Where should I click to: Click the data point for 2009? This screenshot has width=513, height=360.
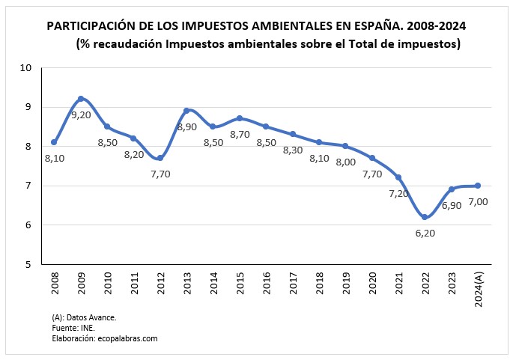[81, 99]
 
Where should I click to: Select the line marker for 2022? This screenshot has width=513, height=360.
[425, 217]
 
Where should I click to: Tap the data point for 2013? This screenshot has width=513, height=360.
[186, 111]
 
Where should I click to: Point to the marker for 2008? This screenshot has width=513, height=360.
[54, 142]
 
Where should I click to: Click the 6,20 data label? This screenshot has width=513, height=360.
[425, 233]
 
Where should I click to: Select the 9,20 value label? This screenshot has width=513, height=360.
[81, 115]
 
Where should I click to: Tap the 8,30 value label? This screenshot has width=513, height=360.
[294, 150]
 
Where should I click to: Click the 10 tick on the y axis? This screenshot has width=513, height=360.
[26, 67]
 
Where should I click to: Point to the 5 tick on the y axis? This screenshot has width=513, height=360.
[29, 264]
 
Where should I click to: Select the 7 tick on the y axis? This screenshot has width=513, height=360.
[29, 186]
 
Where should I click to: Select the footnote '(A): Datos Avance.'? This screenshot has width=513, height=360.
[84, 317]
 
